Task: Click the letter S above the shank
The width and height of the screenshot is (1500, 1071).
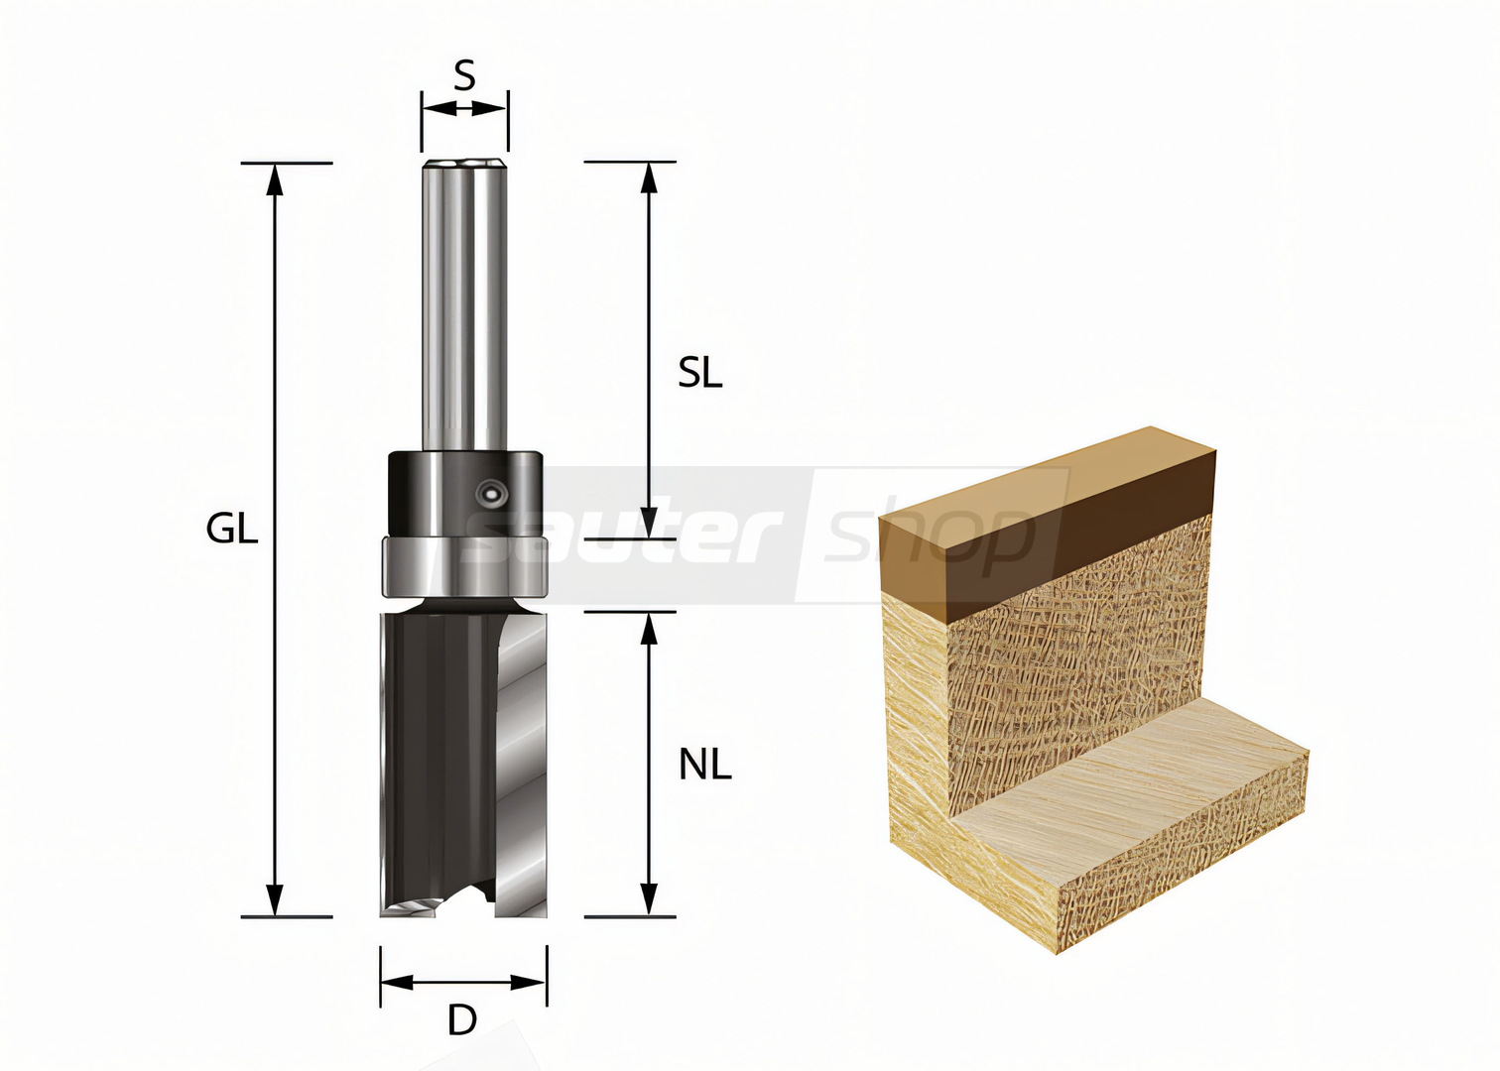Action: point(464,75)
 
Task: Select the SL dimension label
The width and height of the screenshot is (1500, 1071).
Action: point(699,373)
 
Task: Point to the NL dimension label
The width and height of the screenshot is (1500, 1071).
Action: point(705,765)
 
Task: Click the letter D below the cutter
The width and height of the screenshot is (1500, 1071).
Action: point(462,1020)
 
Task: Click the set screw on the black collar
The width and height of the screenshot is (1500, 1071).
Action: point(491,495)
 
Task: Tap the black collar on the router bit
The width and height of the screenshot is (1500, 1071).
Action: point(465,494)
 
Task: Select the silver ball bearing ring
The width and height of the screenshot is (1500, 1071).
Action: point(465,566)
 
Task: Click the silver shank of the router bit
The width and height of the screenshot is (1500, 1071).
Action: point(464,304)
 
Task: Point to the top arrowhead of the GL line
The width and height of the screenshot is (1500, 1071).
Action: point(274,178)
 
